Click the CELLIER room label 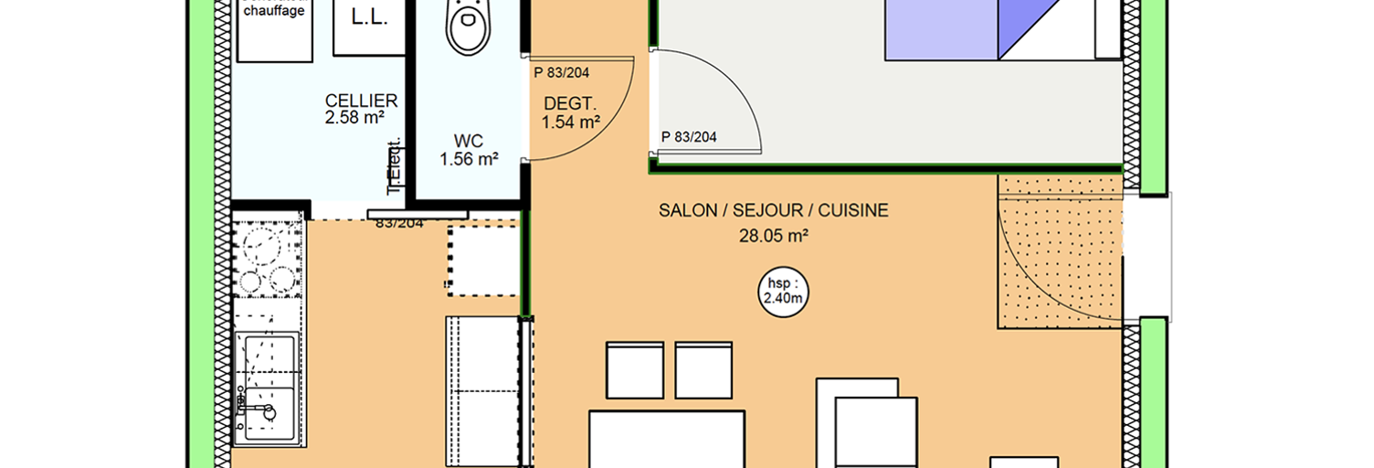361,101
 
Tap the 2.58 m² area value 354,117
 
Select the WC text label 469,142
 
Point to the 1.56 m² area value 469,159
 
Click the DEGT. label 570,103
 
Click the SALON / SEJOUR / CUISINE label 773,211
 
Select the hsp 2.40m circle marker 783,290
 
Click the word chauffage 274,11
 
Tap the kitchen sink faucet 266,409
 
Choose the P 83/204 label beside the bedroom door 689,137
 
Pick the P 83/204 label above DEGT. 562,71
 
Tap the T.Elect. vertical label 396,167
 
